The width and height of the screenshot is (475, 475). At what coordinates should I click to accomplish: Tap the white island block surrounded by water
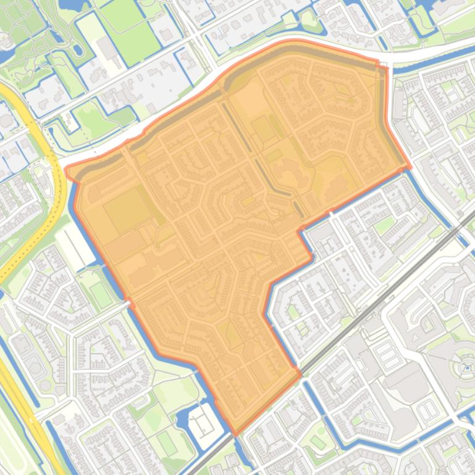pos(201,423)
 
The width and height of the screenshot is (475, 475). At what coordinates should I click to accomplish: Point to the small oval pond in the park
pos(77,49)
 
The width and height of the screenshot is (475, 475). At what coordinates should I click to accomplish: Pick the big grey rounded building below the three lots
pos(405,379)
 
